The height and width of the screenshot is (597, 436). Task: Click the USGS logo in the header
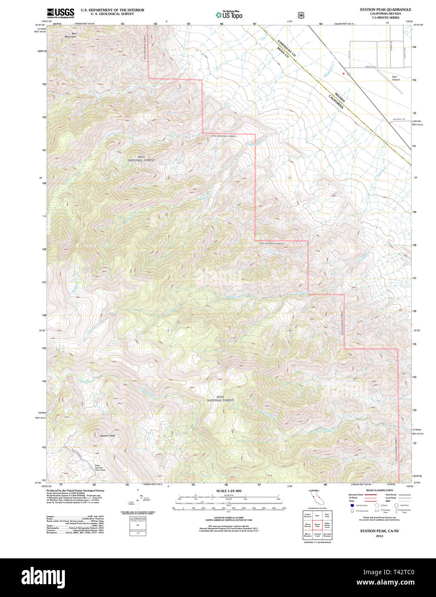click(60, 12)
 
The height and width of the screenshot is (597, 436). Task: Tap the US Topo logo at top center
click(229, 15)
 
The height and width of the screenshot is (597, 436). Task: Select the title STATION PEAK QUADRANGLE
click(385, 9)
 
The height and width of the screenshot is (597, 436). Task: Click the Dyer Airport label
click(396, 78)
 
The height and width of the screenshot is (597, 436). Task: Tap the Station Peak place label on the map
click(107, 436)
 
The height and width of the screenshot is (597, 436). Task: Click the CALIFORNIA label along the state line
click(335, 102)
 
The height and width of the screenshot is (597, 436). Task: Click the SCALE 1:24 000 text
click(229, 491)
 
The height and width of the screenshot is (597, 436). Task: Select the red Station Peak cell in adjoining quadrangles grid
click(317, 524)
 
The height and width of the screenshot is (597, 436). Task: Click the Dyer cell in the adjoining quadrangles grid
click(317, 515)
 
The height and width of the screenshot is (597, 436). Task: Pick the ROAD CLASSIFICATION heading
click(379, 490)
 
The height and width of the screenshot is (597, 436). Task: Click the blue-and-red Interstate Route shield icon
click(352, 506)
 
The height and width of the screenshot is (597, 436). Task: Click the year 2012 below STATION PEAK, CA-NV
click(379, 536)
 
